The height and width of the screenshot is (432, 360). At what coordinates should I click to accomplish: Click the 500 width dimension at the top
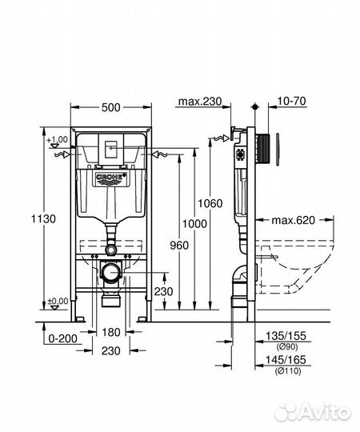[110, 106]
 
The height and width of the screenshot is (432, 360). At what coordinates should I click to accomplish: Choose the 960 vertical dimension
[179, 246]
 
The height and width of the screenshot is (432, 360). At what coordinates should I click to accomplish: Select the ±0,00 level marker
[57, 302]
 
